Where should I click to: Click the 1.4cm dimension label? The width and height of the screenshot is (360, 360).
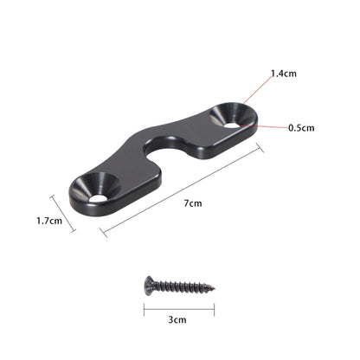[283, 74]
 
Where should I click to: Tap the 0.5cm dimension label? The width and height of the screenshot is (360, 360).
[302, 128]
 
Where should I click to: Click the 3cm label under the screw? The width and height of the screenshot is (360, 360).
[177, 319]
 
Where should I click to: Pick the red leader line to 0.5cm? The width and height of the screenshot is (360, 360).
[264, 127]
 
